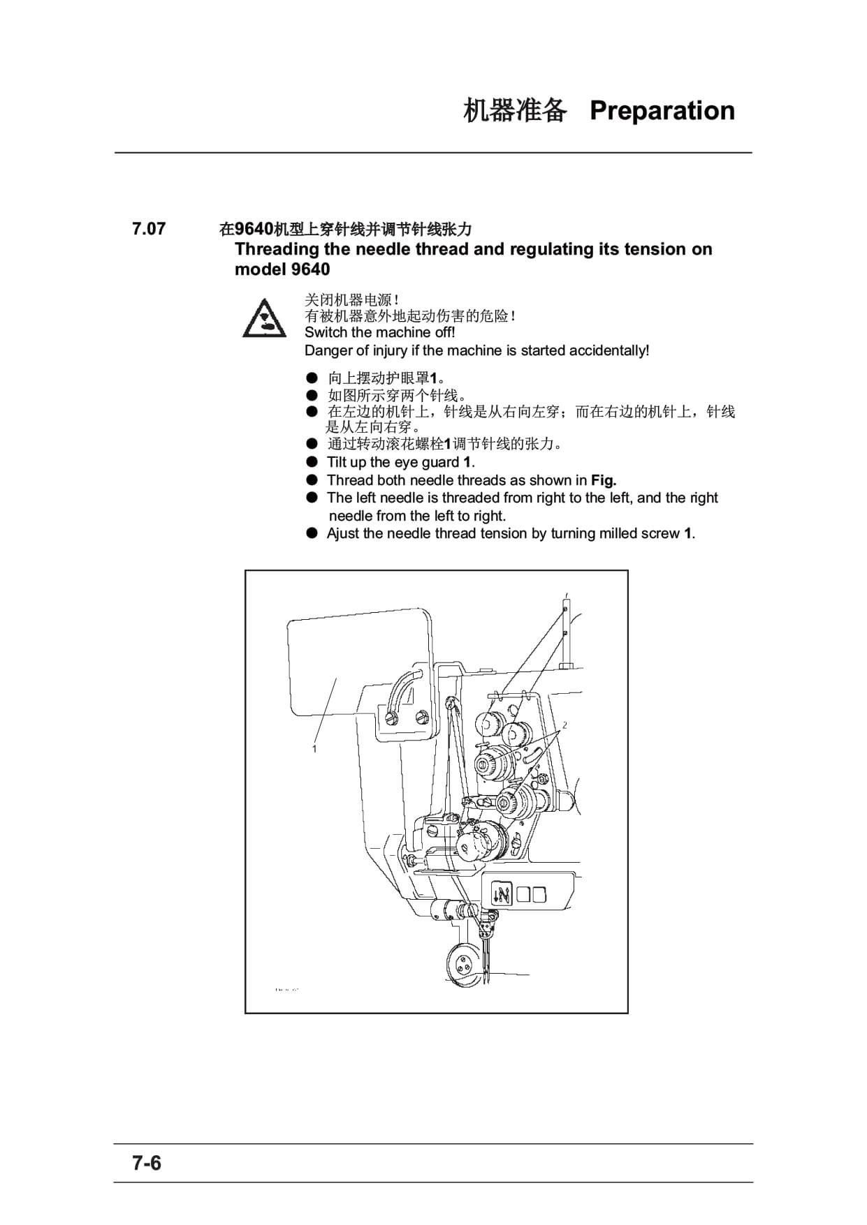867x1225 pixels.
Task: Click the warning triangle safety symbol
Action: pyautogui.click(x=263, y=318)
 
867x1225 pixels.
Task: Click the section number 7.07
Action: pyautogui.click(x=149, y=229)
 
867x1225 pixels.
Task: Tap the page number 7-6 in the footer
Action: pyautogui.click(x=147, y=1163)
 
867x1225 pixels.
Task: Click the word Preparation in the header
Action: pyautogui.click(x=662, y=110)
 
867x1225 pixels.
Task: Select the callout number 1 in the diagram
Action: pyautogui.click(x=314, y=749)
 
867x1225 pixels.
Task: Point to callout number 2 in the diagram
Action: pyautogui.click(x=564, y=725)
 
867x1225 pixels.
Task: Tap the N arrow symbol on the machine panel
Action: pyautogui.click(x=502, y=893)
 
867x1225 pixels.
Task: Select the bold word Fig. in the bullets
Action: pyautogui.click(x=604, y=480)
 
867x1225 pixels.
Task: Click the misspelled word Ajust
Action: pyautogui.click(x=343, y=534)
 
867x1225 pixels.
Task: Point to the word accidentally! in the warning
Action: pyautogui.click(x=609, y=350)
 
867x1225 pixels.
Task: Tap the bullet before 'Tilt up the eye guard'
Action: pyautogui.click(x=312, y=462)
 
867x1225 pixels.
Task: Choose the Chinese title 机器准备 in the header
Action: pyautogui.click(x=515, y=110)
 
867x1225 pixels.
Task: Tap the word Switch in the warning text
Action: pyautogui.click(x=326, y=332)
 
